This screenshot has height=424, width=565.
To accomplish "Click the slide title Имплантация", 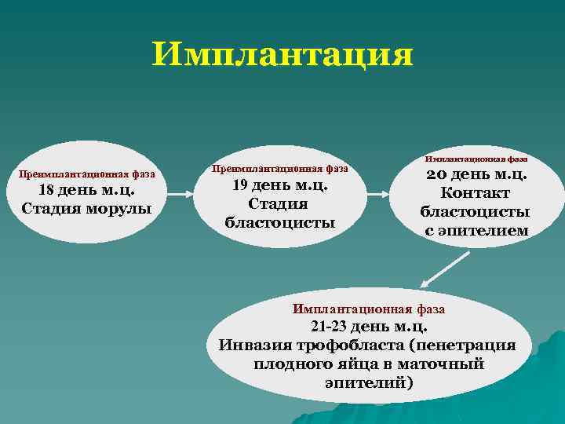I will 282,55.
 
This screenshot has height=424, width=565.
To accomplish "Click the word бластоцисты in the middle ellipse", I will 279,222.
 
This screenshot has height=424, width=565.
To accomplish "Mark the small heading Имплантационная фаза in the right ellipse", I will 476,159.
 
